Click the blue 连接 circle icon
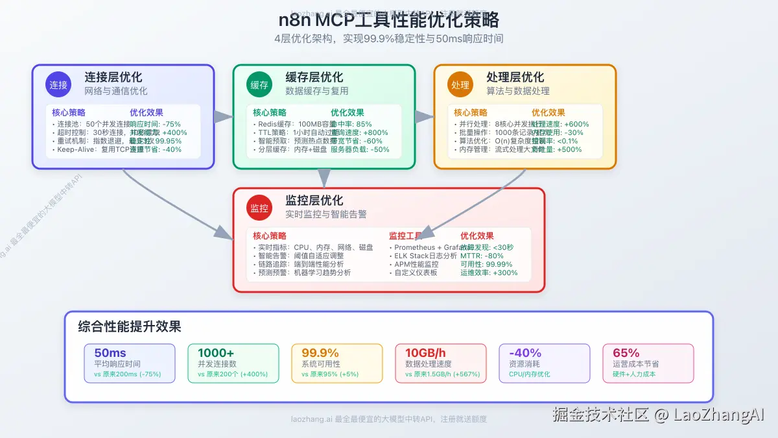(x=58, y=84)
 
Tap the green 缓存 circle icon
(x=259, y=84)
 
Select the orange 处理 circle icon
(x=460, y=84)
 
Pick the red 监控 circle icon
(x=259, y=208)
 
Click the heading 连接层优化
(x=113, y=77)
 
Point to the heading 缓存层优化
(x=314, y=77)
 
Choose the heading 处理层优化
(x=515, y=77)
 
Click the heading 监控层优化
(x=314, y=201)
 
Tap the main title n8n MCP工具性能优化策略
(x=388, y=19)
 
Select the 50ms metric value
(x=110, y=353)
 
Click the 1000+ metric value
(x=216, y=353)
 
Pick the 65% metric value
(x=626, y=353)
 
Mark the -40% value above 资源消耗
(x=525, y=353)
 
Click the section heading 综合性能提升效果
(x=130, y=326)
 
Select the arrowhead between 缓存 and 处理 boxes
(x=425, y=117)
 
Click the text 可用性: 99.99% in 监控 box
(x=486, y=264)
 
